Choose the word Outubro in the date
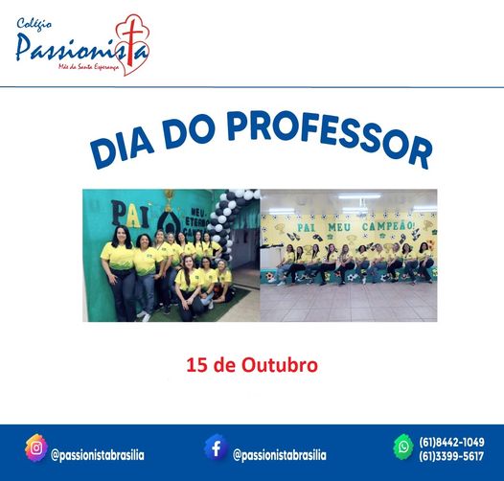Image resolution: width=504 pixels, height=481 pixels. (x=283, y=365)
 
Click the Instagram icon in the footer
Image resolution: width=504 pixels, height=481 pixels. (x=35, y=447)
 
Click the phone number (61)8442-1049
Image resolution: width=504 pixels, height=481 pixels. (x=451, y=442)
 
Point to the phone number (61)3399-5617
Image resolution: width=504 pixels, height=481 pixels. (x=451, y=456)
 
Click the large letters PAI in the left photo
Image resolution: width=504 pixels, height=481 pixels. (x=125, y=213)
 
